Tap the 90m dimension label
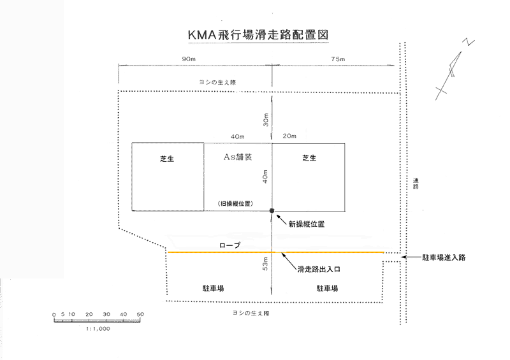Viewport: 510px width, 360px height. (x=189, y=59)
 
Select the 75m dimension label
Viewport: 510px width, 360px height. (x=337, y=59)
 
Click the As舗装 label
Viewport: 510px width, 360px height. (x=238, y=157)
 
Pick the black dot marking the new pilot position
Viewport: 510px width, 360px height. (x=272, y=210)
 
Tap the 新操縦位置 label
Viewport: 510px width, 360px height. (x=307, y=224)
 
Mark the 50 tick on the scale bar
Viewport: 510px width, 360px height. (x=140, y=314)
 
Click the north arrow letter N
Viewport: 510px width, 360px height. (x=469, y=42)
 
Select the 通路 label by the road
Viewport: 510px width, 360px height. (x=416, y=184)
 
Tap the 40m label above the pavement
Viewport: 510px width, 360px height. (x=238, y=136)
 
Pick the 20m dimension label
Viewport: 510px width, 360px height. (x=289, y=136)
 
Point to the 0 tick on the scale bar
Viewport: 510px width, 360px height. (x=55, y=314)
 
